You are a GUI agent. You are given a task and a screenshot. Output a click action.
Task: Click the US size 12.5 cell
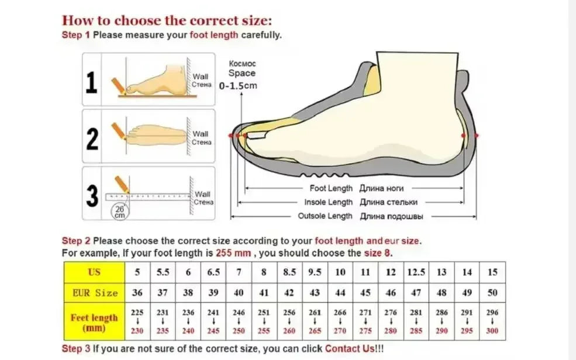pos(416,272)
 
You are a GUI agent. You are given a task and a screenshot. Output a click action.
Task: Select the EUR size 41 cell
pos(264,293)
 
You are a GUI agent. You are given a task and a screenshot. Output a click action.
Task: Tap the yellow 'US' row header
pos(94,272)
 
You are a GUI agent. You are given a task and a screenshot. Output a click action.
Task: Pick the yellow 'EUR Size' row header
pos(94,293)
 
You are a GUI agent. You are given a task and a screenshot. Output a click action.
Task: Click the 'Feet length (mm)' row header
pos(94,322)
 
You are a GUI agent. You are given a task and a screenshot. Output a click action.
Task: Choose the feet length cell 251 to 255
pos(264,322)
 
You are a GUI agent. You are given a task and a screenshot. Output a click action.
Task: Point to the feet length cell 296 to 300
pos(492,322)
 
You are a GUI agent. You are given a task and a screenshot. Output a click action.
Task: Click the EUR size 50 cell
pos(492,293)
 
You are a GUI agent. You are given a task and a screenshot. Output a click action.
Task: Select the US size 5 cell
pos(137,272)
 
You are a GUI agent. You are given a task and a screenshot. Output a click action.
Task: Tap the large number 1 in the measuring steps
pos(91,82)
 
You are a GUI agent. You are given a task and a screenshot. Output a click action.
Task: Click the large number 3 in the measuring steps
pos(92,196)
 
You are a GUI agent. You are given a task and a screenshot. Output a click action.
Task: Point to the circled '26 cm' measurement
pos(119,211)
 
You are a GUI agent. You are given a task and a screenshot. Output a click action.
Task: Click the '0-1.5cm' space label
pos(238,86)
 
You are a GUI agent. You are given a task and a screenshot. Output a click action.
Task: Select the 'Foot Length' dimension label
pos(331,189)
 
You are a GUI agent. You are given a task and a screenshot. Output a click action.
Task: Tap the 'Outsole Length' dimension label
pos(325,216)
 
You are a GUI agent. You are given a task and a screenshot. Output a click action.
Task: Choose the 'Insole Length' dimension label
pos(329,202)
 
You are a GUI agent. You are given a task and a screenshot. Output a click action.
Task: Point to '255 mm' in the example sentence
pos(234,253)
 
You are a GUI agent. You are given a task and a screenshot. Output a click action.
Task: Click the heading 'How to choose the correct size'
pos(167,20)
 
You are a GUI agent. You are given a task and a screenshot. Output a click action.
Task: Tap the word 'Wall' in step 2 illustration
pos(201,134)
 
